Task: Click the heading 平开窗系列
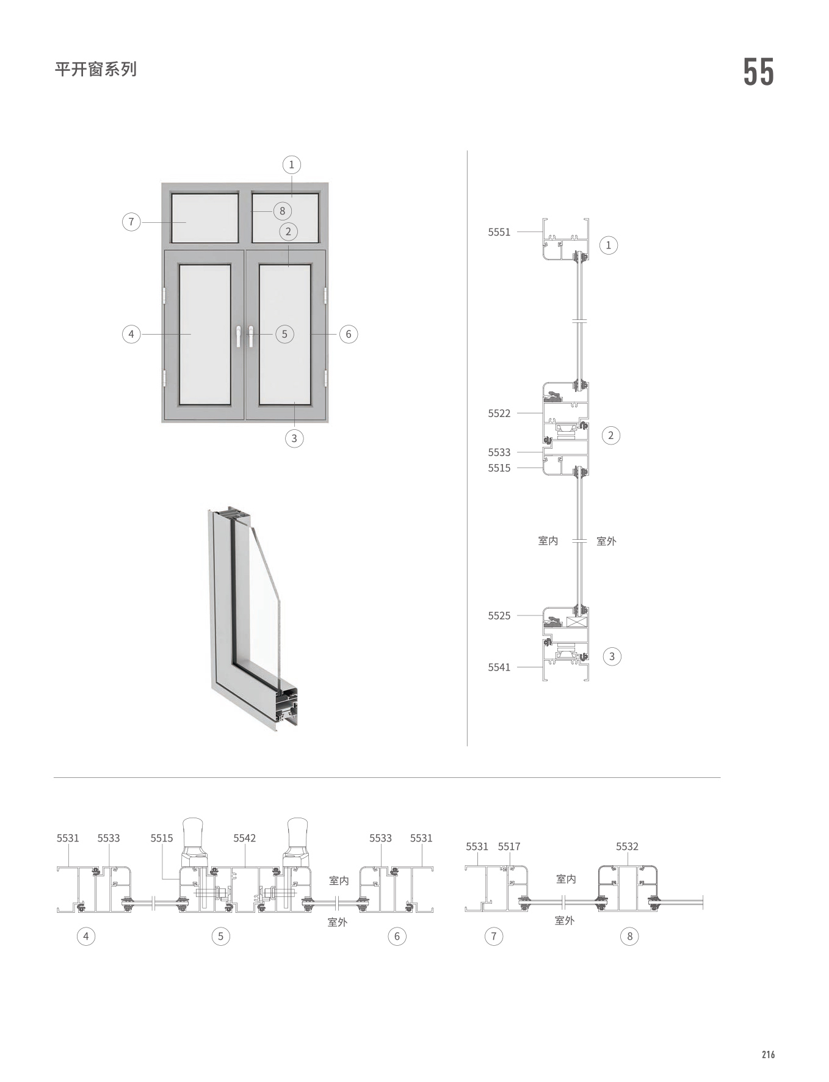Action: coord(96,69)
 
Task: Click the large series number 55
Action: coord(758,72)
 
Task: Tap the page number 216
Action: coord(768,1055)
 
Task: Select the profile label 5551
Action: coord(499,232)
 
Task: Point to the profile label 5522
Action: coord(499,413)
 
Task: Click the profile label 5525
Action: coord(499,615)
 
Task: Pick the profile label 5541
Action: coord(499,667)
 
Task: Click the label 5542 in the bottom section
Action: coord(244,838)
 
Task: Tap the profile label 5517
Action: coord(509,846)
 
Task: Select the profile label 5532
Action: coord(627,846)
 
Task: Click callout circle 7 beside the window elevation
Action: coord(131,222)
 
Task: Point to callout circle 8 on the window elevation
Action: coord(282,211)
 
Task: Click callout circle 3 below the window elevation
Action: coord(294,438)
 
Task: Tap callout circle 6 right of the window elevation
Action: coord(349,334)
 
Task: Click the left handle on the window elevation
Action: coord(239,336)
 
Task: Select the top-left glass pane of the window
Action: coord(205,217)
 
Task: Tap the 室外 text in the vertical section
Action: coord(606,541)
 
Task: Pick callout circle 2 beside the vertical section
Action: coord(610,435)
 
